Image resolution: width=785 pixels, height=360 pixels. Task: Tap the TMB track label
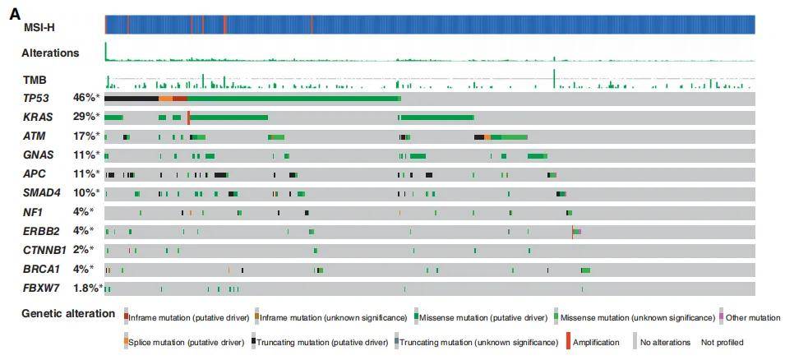coord(34,81)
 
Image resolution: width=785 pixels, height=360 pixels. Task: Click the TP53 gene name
coord(37,98)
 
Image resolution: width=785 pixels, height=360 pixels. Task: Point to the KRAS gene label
coord(39,117)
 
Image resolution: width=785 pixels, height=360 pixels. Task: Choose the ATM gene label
coord(33,136)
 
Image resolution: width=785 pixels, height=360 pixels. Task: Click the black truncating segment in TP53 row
coord(132,98)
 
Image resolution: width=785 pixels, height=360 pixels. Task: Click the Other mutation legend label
coord(752,317)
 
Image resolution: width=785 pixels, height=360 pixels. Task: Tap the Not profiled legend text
coord(722,342)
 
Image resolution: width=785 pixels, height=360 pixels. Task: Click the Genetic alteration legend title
coord(68,313)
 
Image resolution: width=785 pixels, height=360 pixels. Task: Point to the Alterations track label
coord(50,53)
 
